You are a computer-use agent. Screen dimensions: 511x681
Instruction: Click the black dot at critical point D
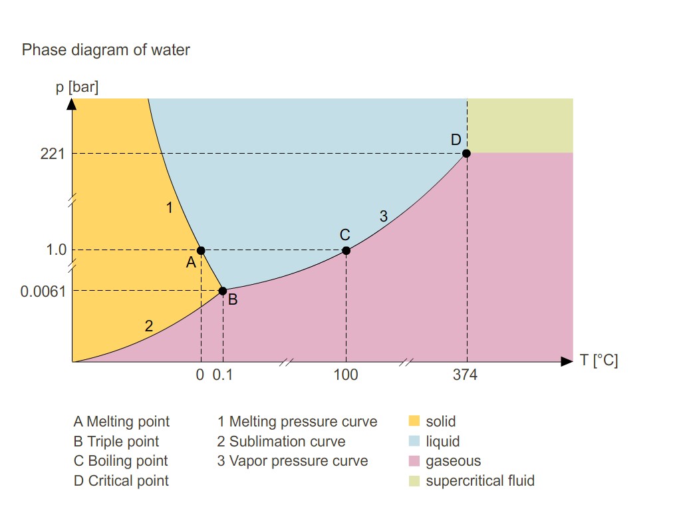tap(466, 154)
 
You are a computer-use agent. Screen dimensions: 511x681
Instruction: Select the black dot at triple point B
tap(223, 291)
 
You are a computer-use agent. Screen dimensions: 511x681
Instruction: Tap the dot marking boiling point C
tap(346, 250)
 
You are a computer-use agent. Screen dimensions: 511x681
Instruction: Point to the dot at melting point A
tap(201, 250)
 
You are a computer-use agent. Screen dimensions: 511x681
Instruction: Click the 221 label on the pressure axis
tap(53, 154)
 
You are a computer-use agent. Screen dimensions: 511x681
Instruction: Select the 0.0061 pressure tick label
tap(43, 291)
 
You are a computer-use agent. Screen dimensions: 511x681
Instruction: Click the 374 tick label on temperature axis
tap(465, 375)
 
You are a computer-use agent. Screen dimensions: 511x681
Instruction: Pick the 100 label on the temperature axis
tap(346, 375)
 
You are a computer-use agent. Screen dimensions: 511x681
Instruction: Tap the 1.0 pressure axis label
tap(57, 250)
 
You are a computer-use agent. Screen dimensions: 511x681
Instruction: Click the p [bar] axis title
tap(77, 87)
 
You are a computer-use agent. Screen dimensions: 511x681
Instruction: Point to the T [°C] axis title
tap(599, 361)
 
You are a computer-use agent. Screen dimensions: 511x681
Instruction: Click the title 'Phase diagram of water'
tap(106, 50)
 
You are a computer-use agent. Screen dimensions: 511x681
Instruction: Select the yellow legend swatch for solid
tap(414, 421)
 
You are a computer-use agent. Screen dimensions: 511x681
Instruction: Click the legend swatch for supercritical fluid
tap(414, 480)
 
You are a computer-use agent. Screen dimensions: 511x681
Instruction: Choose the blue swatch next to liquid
tap(414, 441)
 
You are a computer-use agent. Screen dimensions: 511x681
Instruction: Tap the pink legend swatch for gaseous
tap(414, 461)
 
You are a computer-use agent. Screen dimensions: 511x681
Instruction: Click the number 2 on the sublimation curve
tap(149, 326)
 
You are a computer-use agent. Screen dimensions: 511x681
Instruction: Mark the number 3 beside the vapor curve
tap(383, 216)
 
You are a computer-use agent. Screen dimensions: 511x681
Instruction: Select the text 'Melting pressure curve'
tap(303, 422)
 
